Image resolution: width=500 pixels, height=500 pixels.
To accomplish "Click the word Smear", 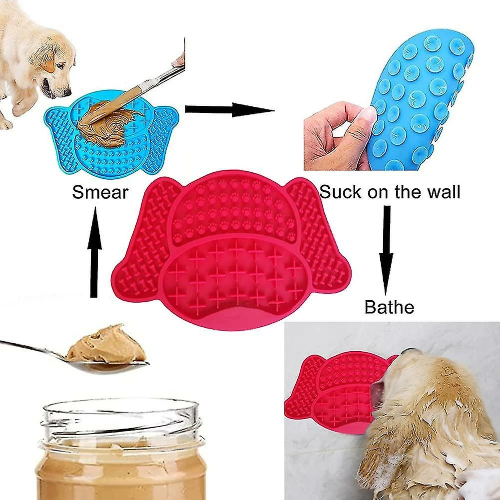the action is (x=100, y=192).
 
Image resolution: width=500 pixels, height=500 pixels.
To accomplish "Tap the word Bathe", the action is (x=389, y=307).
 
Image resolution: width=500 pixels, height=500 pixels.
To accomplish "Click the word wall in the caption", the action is (x=444, y=192).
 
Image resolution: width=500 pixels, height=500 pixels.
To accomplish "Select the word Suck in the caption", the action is (x=341, y=192).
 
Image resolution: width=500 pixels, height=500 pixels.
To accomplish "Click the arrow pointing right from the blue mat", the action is (x=230, y=110).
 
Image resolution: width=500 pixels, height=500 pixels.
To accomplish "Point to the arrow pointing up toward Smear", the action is (x=94, y=252).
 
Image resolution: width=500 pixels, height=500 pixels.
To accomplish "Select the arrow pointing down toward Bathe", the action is (x=386, y=250).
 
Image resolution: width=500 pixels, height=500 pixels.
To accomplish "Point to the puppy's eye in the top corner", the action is (x=60, y=66).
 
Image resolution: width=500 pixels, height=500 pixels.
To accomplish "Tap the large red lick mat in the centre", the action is (x=231, y=250).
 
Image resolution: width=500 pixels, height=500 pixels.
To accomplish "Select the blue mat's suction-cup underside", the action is (x=421, y=102).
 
